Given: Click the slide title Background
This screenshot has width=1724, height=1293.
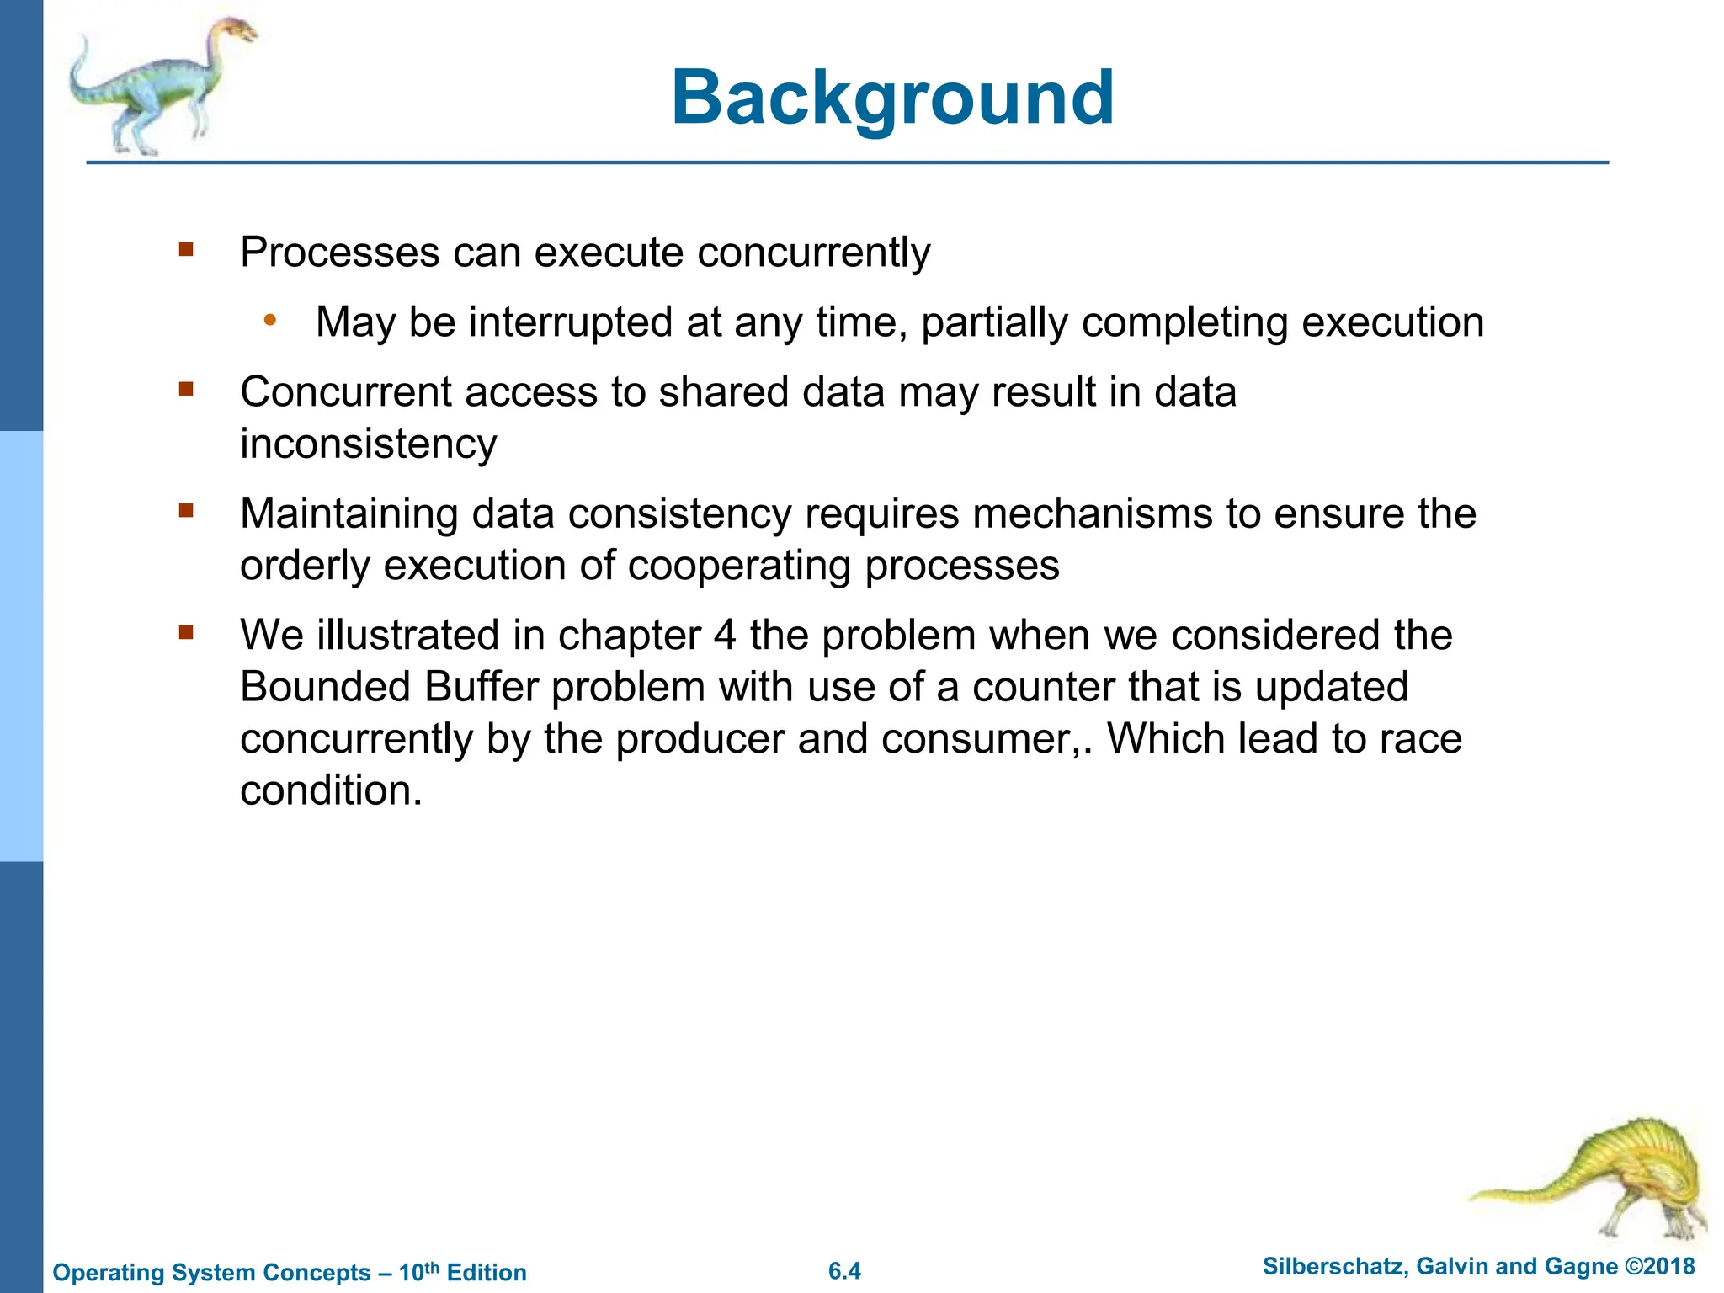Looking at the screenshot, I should [x=892, y=98].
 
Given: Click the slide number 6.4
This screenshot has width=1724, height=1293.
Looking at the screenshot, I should [x=844, y=1271].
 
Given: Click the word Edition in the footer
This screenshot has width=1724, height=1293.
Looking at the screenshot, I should [x=487, y=1272].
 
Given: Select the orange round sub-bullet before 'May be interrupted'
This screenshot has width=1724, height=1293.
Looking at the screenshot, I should [x=269, y=320].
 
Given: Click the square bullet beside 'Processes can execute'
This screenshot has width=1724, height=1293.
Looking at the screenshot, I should [x=186, y=250].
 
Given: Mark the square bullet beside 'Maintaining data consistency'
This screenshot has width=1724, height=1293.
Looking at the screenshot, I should [x=186, y=511].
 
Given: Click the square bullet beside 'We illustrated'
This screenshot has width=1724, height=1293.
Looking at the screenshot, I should [x=186, y=632].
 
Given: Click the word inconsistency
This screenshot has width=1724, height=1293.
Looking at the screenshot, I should [x=368, y=444].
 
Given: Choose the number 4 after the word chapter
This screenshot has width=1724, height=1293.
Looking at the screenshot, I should [x=725, y=635].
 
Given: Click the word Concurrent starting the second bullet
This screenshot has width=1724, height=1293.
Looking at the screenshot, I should [x=346, y=392].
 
